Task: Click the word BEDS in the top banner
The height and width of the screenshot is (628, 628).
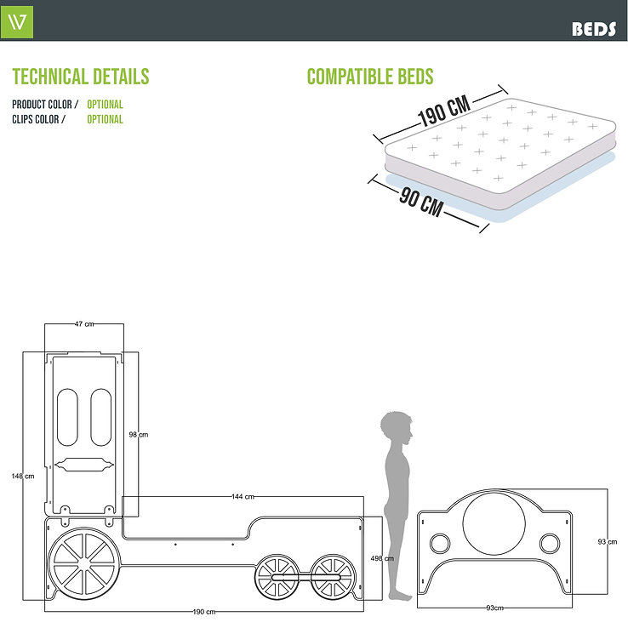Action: (x=593, y=28)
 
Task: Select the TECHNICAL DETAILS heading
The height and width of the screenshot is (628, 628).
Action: (x=81, y=77)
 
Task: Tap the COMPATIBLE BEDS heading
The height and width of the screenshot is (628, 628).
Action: (x=370, y=77)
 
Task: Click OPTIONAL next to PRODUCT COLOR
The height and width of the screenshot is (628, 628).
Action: (x=105, y=105)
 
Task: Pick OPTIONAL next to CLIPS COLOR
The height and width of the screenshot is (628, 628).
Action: (x=105, y=120)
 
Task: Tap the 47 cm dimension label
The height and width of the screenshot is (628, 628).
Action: (x=84, y=324)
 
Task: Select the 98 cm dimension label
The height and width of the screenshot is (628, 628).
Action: (x=138, y=435)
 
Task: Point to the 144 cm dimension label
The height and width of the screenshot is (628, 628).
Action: (x=243, y=496)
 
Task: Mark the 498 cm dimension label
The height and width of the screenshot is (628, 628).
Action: (x=382, y=559)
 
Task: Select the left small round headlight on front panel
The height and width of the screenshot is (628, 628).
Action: (x=439, y=542)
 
